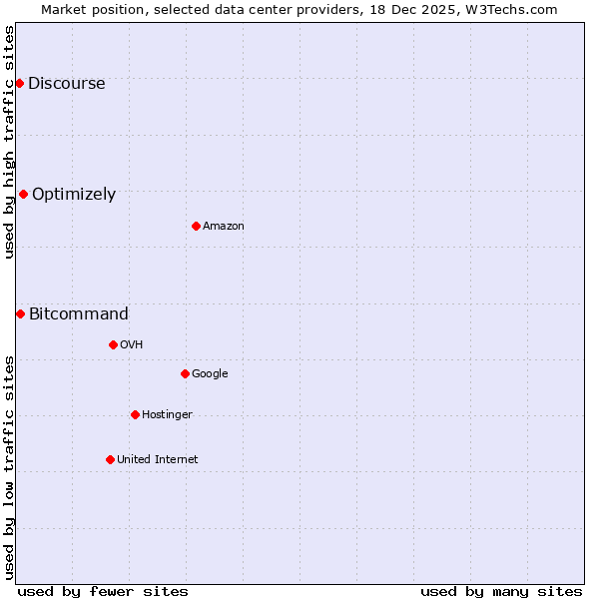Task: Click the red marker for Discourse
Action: (19, 83)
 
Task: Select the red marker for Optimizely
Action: (23, 194)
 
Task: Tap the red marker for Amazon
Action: (196, 226)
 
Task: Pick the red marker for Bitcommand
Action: (20, 313)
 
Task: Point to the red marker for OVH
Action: (113, 344)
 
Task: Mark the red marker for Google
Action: (185, 373)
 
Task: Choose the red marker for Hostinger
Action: (135, 414)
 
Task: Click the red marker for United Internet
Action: (110, 459)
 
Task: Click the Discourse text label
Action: (66, 84)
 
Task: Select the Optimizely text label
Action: (74, 195)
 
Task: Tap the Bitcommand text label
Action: (79, 314)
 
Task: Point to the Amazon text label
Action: (224, 227)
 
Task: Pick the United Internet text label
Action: (158, 460)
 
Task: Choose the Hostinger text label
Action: (167, 415)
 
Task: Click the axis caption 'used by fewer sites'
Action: (103, 591)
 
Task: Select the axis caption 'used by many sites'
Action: (501, 591)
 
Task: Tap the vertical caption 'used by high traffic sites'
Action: (10, 141)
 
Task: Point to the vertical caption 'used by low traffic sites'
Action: (10, 466)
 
